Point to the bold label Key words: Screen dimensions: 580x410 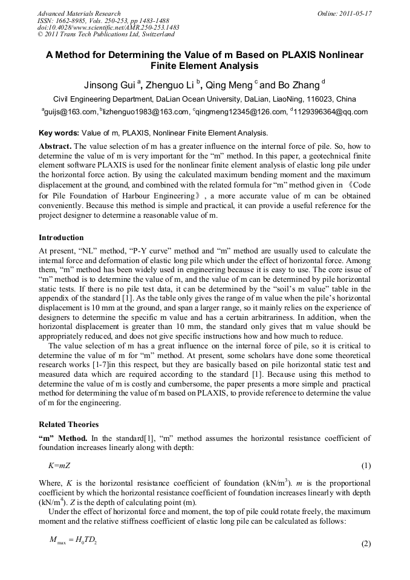click(x=59, y=133)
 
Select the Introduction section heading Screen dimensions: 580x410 click(x=61, y=238)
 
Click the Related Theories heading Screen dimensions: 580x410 click(x=68, y=425)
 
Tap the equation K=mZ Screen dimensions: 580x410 click(x=59, y=466)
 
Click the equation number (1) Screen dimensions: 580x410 click(x=365, y=466)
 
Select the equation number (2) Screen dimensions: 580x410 click(x=365, y=544)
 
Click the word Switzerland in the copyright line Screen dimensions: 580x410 click(x=154, y=34)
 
